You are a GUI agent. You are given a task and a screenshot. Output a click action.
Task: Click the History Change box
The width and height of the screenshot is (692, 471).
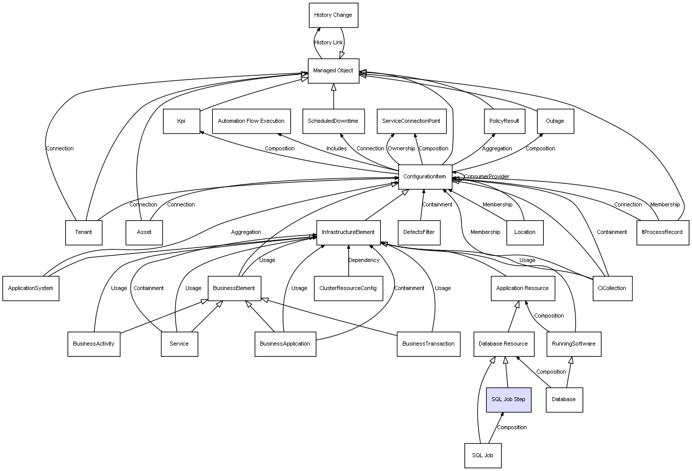coord(333,15)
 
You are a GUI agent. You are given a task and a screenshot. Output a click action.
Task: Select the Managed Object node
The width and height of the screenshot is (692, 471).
coord(333,71)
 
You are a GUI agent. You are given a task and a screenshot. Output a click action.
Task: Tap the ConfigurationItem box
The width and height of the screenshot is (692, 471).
coord(425,177)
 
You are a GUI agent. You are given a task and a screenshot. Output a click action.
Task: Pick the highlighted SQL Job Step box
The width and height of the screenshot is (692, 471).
coord(508,400)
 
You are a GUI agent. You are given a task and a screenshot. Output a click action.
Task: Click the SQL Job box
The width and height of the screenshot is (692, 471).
coord(482,455)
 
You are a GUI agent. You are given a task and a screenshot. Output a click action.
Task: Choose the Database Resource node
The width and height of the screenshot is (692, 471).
coord(503,344)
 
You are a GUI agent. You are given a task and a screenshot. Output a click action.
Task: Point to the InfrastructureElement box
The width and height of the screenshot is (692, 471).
coord(348,232)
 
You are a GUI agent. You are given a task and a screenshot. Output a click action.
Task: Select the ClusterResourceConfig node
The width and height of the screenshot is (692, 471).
coord(348,289)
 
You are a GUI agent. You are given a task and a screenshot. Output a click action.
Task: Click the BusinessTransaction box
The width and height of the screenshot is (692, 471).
coord(428,344)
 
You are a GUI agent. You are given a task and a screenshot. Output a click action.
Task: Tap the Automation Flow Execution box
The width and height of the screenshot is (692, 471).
coord(251,121)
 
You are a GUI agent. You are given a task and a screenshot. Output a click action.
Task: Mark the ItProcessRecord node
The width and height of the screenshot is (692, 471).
coord(662,232)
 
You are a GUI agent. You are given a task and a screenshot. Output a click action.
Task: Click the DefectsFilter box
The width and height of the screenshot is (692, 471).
coord(419,232)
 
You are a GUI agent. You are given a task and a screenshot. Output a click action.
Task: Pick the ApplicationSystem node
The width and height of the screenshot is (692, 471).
coord(31,289)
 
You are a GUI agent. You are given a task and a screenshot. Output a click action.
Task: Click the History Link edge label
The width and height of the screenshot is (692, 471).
coord(328,43)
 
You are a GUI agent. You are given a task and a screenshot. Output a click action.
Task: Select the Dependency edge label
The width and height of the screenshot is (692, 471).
coord(364,260)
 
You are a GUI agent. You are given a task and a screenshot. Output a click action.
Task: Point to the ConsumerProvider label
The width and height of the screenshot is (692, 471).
coord(486,177)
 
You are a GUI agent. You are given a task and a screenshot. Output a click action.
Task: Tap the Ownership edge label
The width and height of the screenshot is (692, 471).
coord(401,149)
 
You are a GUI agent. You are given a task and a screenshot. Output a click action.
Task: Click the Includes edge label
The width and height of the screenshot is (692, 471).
coord(337,149)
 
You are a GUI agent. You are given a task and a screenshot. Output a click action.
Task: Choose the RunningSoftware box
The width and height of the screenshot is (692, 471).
coord(573,344)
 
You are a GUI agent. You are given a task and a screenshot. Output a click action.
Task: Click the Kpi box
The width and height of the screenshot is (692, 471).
coord(181,121)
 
